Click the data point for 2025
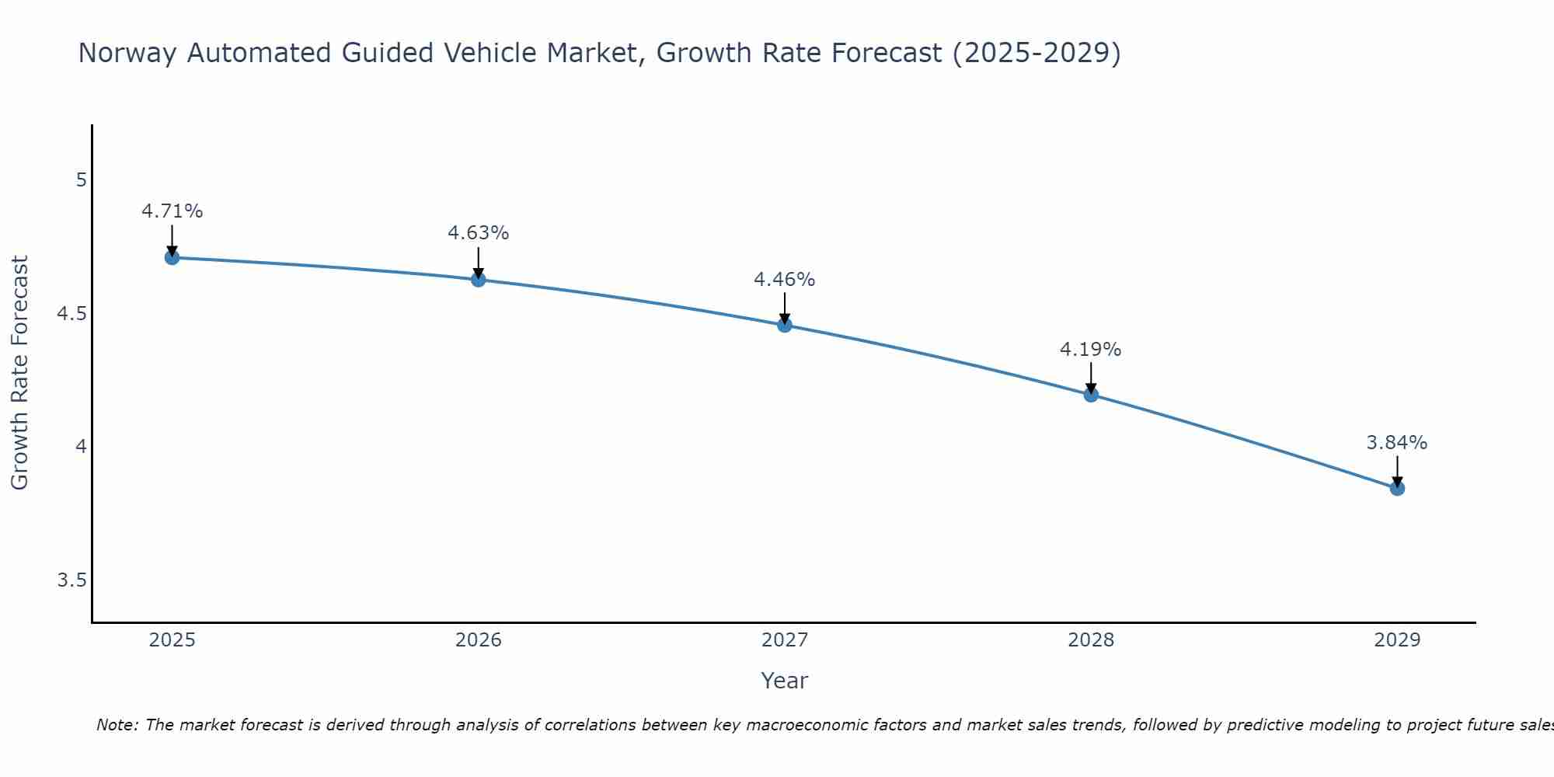[x=172, y=257]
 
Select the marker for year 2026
[x=479, y=279]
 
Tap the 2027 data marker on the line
[x=785, y=325]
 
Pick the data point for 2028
[x=1091, y=394]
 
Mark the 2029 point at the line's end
[x=1397, y=488]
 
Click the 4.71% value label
[x=172, y=211]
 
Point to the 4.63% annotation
[x=479, y=233]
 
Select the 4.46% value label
[x=785, y=280]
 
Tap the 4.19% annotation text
[x=1091, y=350]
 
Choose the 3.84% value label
[x=1397, y=443]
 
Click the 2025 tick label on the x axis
[x=172, y=640]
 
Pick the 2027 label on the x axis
[x=785, y=640]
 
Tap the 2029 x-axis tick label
[x=1397, y=640]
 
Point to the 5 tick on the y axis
[x=81, y=180]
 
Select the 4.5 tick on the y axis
[x=72, y=314]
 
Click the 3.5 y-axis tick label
[x=72, y=580]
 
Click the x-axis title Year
[x=785, y=681]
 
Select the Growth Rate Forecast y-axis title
[x=19, y=373]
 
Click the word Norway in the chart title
[x=127, y=53]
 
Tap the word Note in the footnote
[x=117, y=725]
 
